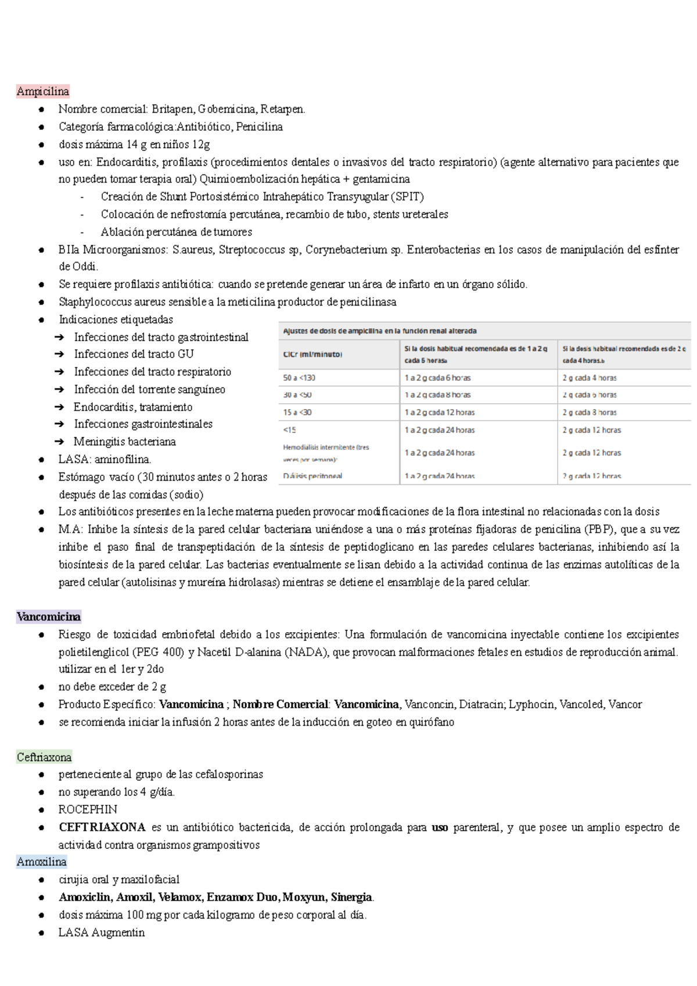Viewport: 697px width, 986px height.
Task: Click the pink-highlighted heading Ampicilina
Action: click(x=43, y=91)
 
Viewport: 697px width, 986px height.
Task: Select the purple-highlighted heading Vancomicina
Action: click(x=49, y=616)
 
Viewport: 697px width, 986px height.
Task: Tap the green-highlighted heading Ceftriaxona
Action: click(x=44, y=757)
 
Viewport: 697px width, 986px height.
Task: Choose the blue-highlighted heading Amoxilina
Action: click(x=42, y=862)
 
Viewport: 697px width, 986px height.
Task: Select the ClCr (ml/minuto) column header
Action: click(x=312, y=354)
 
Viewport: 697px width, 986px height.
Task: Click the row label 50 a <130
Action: click(x=299, y=378)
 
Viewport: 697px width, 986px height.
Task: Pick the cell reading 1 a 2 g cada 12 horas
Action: click(x=440, y=413)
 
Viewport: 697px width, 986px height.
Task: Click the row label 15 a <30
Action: click(x=297, y=413)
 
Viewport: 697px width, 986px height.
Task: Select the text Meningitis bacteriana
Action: click(x=124, y=442)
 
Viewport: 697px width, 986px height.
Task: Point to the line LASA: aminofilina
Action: click(x=105, y=460)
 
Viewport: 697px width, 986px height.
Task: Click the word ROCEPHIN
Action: click(x=88, y=809)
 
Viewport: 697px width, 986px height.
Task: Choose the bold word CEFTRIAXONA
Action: click(x=102, y=827)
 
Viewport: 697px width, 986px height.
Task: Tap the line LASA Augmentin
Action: click(x=102, y=933)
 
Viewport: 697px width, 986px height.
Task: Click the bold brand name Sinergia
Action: click(x=351, y=897)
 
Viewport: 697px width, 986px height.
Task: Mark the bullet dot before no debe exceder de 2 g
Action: click(x=41, y=687)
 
